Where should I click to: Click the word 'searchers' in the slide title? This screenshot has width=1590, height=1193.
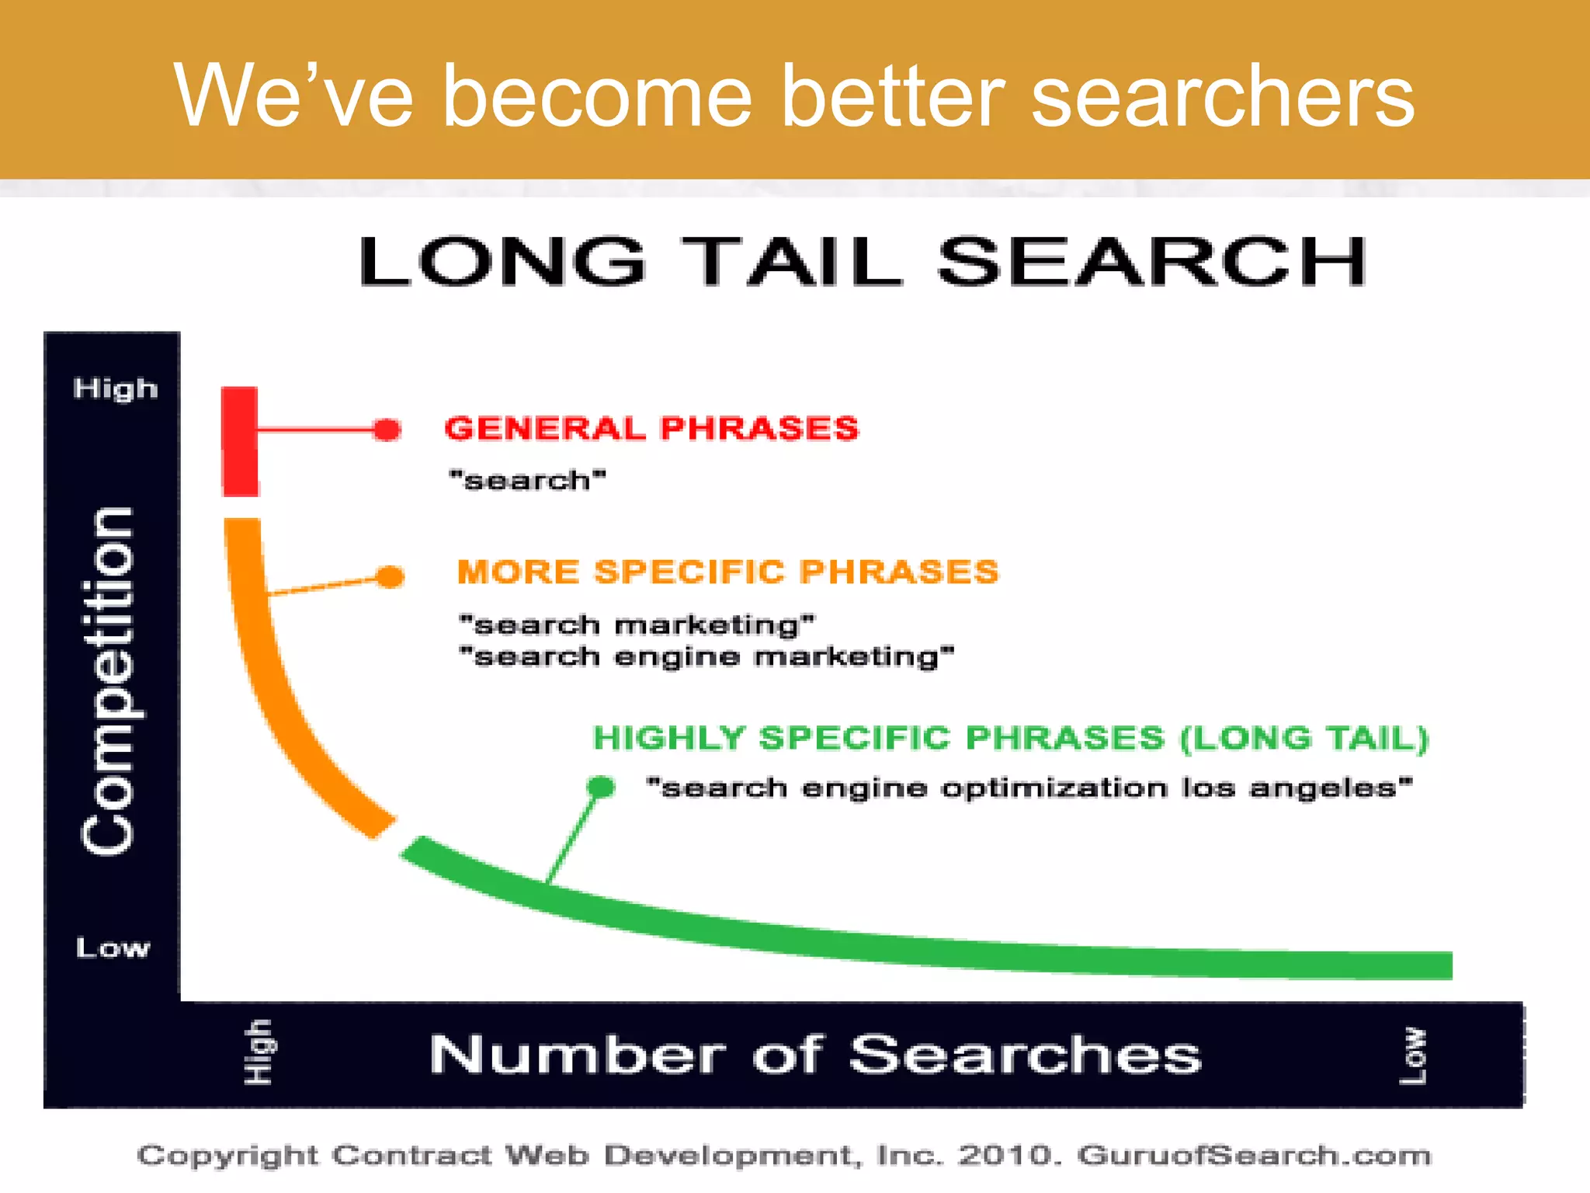pyautogui.click(x=1222, y=97)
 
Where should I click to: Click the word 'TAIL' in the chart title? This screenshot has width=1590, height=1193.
pyautogui.click(x=792, y=262)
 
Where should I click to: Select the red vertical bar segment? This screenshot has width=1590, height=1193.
pyautogui.click(x=240, y=441)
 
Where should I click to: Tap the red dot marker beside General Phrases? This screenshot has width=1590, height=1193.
pyautogui.click(x=387, y=430)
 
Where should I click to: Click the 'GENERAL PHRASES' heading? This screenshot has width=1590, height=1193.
pyautogui.click(x=651, y=429)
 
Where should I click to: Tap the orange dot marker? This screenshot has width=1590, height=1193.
pyautogui.click(x=391, y=576)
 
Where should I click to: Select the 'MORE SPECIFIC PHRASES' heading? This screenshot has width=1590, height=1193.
pyautogui.click(x=727, y=572)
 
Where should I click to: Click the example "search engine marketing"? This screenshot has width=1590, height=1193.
pyautogui.click(x=706, y=657)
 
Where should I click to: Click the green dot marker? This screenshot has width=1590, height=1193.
pyautogui.click(x=601, y=787)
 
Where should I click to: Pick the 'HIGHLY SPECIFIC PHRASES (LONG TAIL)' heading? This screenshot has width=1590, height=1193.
pyautogui.click(x=1010, y=738)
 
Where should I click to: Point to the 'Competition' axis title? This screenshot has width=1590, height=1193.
pyautogui.click(x=109, y=682)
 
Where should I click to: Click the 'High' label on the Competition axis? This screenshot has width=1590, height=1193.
pyautogui.click(x=116, y=388)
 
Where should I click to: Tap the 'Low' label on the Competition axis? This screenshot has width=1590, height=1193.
pyautogui.click(x=113, y=948)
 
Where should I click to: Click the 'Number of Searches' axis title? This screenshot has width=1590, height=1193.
pyautogui.click(x=815, y=1055)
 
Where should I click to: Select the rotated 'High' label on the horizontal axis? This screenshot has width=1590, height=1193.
pyautogui.click(x=259, y=1052)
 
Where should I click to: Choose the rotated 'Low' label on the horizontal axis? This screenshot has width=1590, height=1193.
pyautogui.click(x=1412, y=1056)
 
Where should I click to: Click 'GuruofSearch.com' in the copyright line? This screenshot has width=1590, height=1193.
pyautogui.click(x=1254, y=1156)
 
